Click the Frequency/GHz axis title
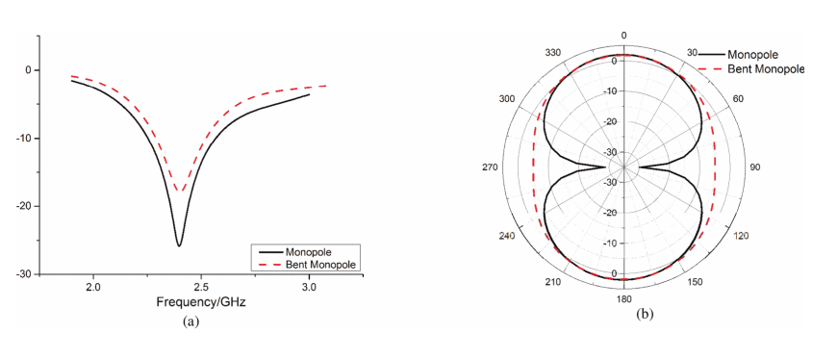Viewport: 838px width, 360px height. pos(201,303)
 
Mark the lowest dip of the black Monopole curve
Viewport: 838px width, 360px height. pos(179,245)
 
